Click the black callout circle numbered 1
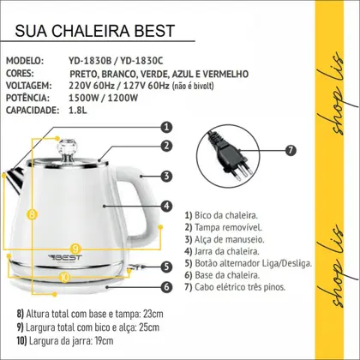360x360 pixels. click(166, 127)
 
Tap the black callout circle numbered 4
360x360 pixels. click(166, 206)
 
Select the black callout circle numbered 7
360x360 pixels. click(291, 150)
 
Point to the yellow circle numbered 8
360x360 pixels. click(32, 213)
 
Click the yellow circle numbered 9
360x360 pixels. click(75, 248)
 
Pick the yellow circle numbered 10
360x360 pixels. click(65, 277)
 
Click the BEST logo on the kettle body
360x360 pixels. click(65, 258)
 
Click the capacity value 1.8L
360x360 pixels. click(77, 111)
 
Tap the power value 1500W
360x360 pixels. click(84, 98)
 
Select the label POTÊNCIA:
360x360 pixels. click(27, 98)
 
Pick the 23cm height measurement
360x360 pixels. click(153, 314)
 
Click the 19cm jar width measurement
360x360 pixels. click(103, 341)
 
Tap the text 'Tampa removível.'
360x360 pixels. click(228, 227)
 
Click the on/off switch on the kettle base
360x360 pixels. click(135, 267)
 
